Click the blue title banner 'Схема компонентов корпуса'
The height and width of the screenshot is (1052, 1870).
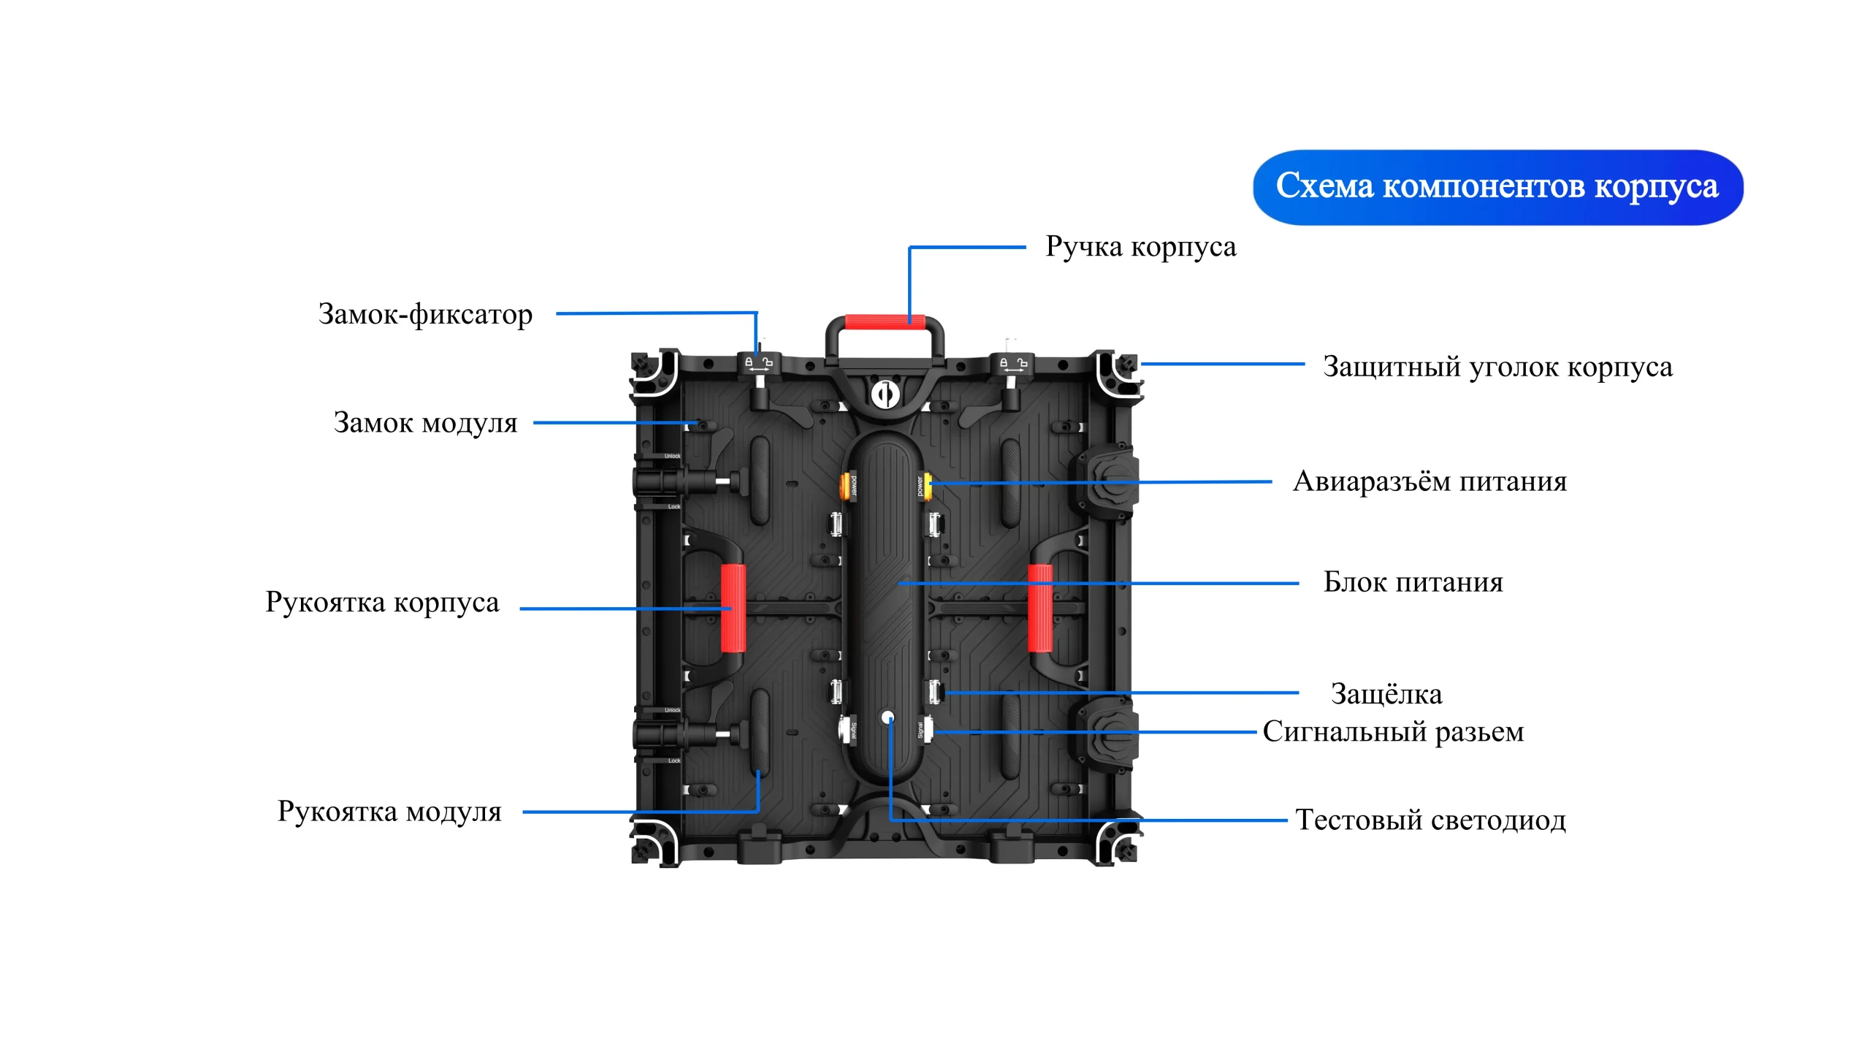pyautogui.click(x=1497, y=187)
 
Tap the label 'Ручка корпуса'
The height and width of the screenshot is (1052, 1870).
pyautogui.click(x=1140, y=247)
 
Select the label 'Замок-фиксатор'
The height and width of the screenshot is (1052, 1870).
pyautogui.click(x=425, y=314)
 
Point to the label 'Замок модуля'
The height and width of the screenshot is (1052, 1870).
pyautogui.click(x=425, y=423)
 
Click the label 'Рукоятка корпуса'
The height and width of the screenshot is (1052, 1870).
pyautogui.click(x=382, y=602)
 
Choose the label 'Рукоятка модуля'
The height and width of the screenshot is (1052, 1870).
pyautogui.click(x=389, y=812)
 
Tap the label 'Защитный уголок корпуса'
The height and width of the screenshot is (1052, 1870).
pyautogui.click(x=1497, y=367)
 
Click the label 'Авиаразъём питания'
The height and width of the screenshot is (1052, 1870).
pyautogui.click(x=1430, y=481)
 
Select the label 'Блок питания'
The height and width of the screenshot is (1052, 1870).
pyautogui.click(x=1413, y=582)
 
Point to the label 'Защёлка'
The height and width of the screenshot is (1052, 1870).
pyautogui.click(x=1386, y=694)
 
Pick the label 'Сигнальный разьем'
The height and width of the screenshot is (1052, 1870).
pyautogui.click(x=1393, y=731)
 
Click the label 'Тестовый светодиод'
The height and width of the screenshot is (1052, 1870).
pyautogui.click(x=1430, y=820)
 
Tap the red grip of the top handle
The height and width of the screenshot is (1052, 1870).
pyautogui.click(x=885, y=322)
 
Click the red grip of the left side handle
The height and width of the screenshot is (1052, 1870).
pyautogui.click(x=733, y=608)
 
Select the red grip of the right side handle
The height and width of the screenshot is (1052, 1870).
pyautogui.click(x=1040, y=608)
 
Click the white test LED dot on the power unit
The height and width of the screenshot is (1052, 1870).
pyautogui.click(x=888, y=717)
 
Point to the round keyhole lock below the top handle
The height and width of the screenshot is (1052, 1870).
pyautogui.click(x=885, y=394)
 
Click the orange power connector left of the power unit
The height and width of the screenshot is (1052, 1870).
pyautogui.click(x=850, y=484)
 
